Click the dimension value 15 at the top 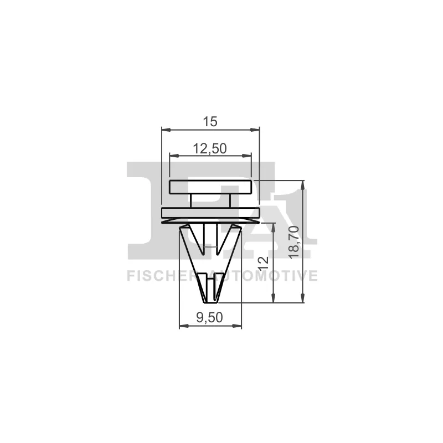tap(210, 122)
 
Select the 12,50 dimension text tap(210, 148)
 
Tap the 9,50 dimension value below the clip tap(210, 317)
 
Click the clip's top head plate tap(210, 187)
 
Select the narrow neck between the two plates tap(210, 200)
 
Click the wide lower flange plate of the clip tap(210, 213)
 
